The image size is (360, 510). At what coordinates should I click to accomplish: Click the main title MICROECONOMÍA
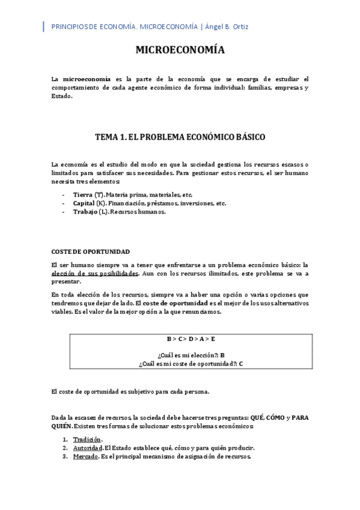click(180, 51)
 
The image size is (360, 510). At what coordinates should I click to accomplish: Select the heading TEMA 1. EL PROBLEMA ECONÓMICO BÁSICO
click(180, 137)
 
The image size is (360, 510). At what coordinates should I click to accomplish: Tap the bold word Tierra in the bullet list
click(83, 195)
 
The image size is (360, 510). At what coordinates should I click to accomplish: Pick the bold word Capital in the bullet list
click(84, 203)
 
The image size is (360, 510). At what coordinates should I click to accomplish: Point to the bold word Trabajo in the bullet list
click(84, 212)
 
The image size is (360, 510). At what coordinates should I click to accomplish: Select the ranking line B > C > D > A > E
click(180, 339)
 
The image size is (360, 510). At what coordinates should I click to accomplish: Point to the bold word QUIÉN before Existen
click(62, 426)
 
